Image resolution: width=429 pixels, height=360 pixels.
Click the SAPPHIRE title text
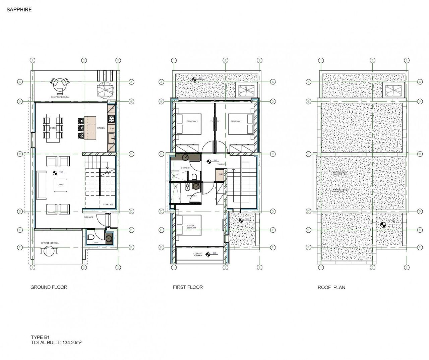(19, 10)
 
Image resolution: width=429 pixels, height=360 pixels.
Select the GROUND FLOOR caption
(49, 287)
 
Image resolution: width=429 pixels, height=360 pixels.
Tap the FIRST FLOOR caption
(188, 287)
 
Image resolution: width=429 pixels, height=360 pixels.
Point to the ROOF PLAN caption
(331, 287)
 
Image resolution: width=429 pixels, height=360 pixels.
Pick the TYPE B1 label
(40, 338)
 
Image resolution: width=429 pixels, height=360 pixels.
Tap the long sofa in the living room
(42, 185)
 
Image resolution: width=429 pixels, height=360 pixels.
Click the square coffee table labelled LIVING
(61, 185)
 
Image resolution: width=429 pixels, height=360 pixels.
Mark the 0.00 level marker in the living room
(55, 173)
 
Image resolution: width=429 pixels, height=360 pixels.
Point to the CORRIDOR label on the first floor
(221, 165)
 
